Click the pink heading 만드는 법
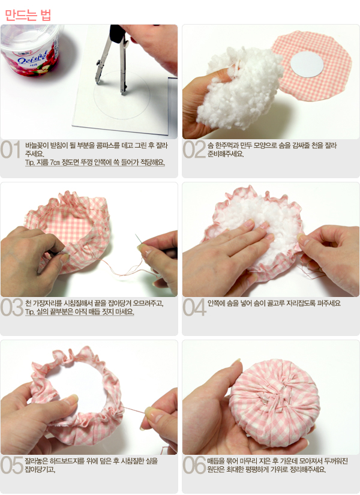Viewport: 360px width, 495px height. pos(28,15)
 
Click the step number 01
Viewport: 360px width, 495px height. pos(10,149)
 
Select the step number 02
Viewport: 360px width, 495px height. pos(194,149)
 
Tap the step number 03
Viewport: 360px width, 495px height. pos(11,307)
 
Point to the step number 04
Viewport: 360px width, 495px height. pos(194,307)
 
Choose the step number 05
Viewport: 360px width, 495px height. pos(11,466)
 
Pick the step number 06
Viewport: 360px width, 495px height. pos(194,466)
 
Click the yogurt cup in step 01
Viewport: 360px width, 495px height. pos(30,50)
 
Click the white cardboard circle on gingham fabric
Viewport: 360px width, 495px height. pos(307,64)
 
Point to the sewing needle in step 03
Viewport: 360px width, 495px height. pos(138,239)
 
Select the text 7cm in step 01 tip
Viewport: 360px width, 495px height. pos(55,163)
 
